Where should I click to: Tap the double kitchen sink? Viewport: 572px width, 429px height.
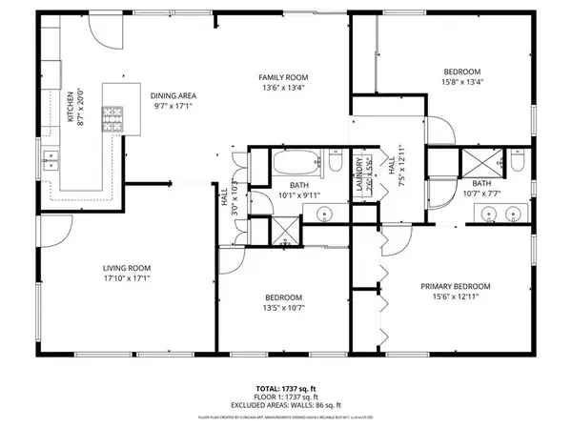tap(48, 159)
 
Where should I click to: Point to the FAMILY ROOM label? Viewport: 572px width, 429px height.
tap(284, 77)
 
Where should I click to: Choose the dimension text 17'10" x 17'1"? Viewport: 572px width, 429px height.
tap(128, 278)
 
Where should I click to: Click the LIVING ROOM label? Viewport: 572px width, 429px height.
tap(128, 268)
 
